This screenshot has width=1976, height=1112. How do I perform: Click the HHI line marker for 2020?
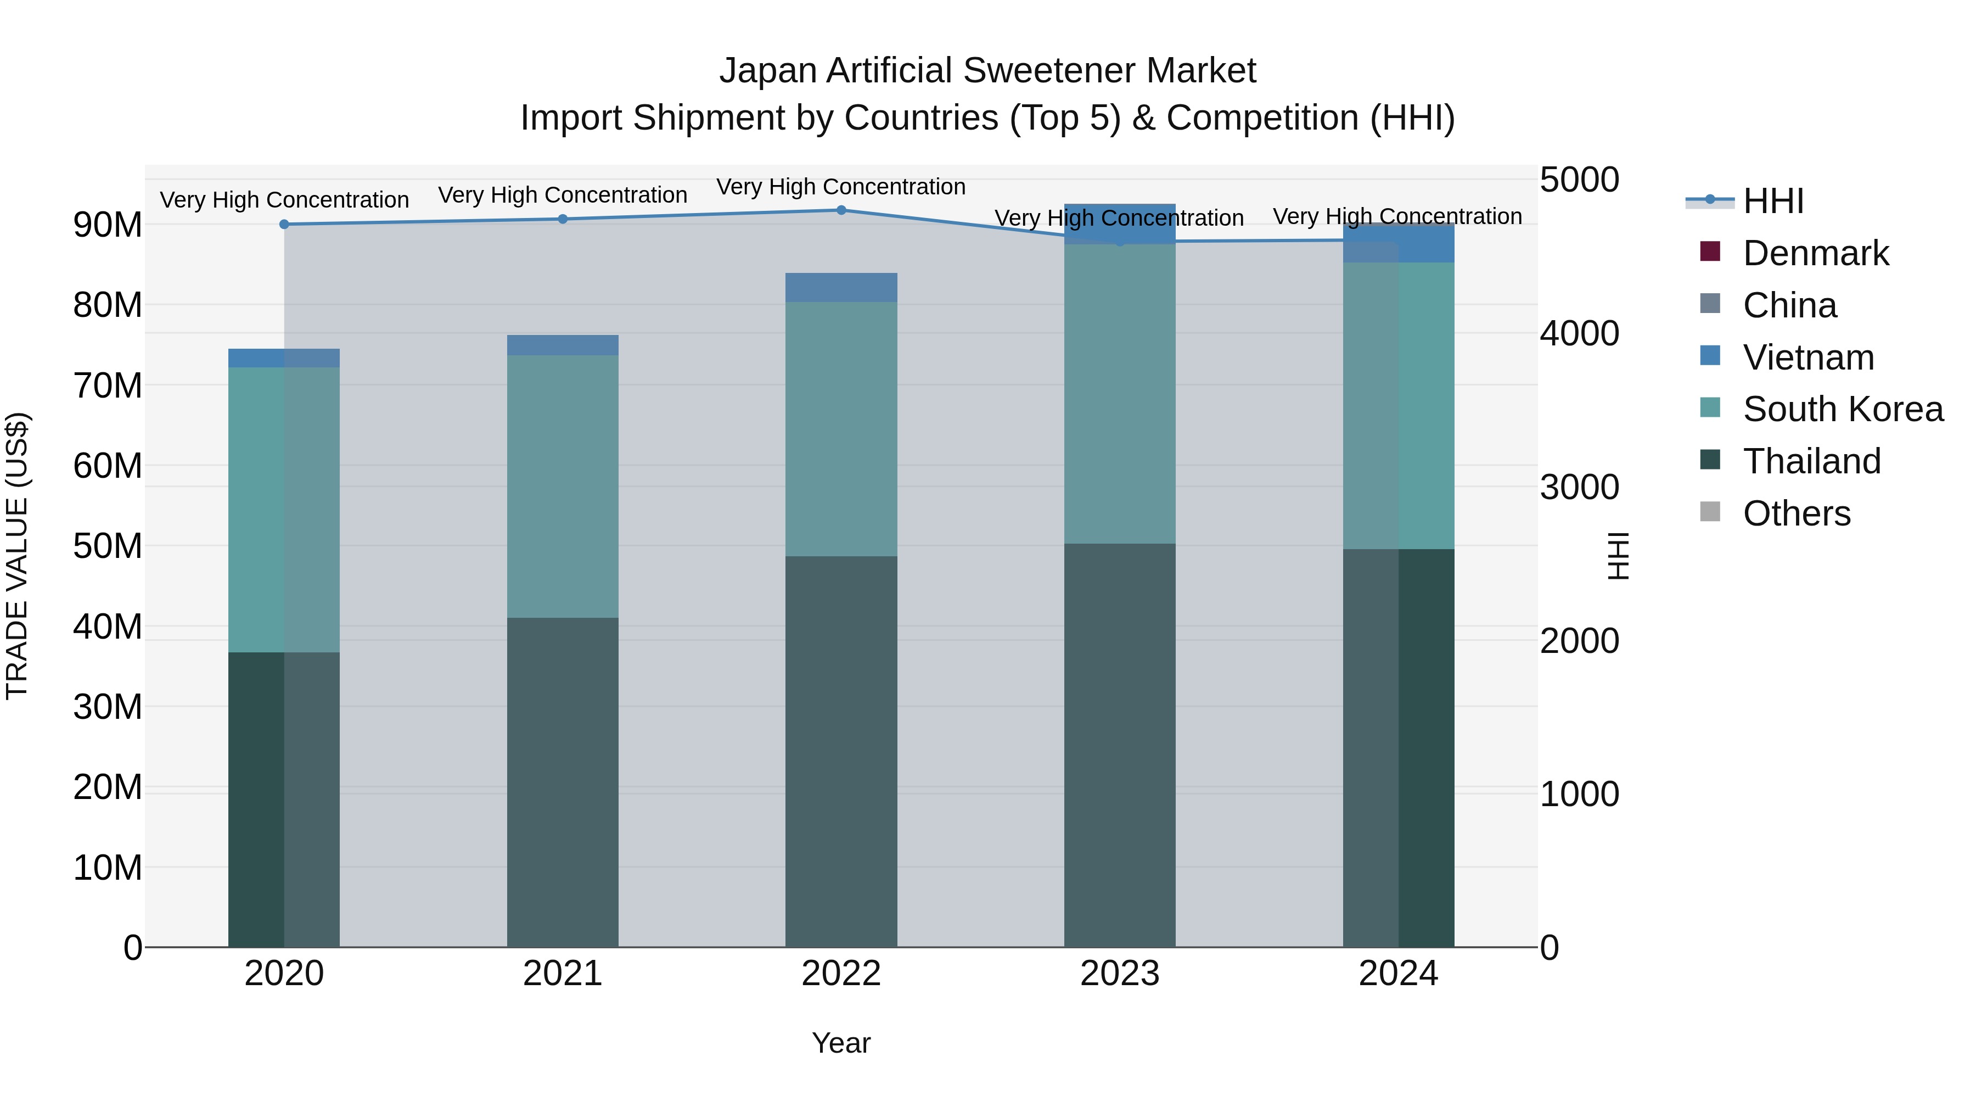(x=284, y=224)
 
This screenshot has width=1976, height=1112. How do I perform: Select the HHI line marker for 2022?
(x=841, y=210)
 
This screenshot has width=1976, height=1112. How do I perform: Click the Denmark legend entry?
(x=1815, y=253)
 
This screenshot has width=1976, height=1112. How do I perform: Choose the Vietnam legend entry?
(x=1808, y=357)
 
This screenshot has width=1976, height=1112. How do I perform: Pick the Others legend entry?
(x=1796, y=513)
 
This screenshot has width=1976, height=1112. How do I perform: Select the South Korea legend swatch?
(x=1710, y=407)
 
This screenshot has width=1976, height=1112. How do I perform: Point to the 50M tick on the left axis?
(x=108, y=546)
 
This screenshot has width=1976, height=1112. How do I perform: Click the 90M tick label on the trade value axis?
(x=108, y=225)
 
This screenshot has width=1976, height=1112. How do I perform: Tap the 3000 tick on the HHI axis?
(x=1579, y=487)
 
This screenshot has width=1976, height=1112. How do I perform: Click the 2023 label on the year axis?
(x=1119, y=974)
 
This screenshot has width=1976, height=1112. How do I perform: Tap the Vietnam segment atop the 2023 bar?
(x=1119, y=223)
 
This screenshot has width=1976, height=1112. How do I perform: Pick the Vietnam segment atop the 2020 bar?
(x=284, y=357)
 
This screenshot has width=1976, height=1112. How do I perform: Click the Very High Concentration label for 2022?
(x=841, y=187)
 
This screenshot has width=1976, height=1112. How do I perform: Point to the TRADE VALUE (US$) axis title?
(x=18, y=556)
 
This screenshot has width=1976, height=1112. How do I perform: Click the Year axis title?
(x=841, y=1043)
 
